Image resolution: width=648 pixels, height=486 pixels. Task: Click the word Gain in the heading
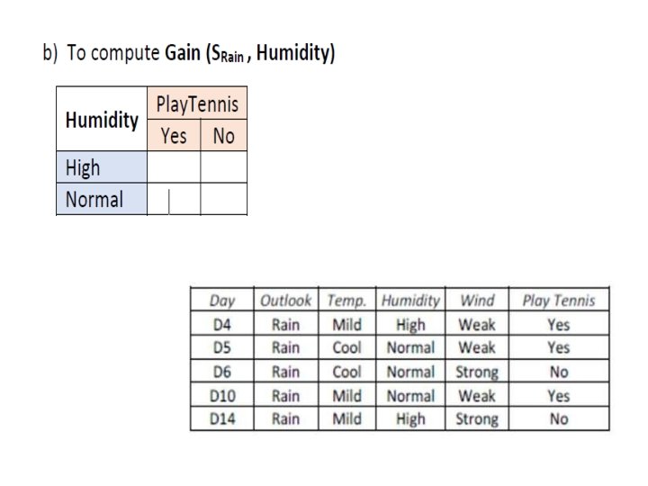182,53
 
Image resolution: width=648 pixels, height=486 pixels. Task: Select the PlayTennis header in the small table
197,104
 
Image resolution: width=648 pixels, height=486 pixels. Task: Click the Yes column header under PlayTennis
174,136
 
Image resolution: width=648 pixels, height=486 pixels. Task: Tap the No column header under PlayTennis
222,136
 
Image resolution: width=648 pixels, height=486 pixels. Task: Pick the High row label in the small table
83,167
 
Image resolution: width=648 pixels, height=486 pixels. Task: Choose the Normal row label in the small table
94,199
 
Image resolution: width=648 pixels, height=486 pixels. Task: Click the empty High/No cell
223,167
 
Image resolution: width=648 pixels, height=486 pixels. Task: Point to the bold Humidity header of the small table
102,120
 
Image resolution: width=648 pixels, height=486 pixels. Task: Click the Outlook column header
285,301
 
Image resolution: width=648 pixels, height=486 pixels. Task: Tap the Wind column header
477,301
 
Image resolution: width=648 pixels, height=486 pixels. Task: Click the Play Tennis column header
558,301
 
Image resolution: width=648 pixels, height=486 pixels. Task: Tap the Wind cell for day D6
477,372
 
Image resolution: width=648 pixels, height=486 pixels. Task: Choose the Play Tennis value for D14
558,418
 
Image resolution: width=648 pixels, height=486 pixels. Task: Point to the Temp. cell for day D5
346,348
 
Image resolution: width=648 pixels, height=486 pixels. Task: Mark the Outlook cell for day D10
285,395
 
